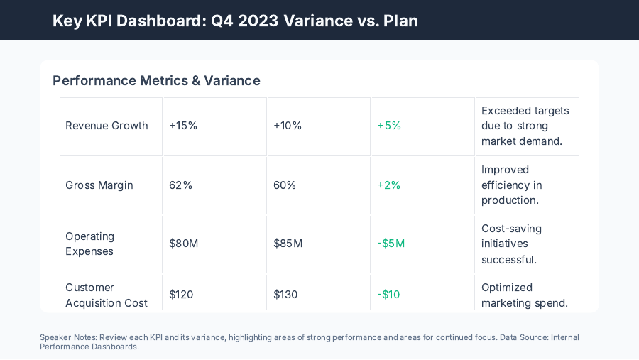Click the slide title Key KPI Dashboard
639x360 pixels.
click(235, 21)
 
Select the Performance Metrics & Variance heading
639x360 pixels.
click(156, 80)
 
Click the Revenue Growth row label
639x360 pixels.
click(106, 126)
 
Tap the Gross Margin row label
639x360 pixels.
click(99, 185)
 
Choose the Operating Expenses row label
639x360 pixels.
click(90, 244)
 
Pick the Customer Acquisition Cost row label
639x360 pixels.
click(106, 295)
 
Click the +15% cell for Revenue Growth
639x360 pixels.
click(183, 126)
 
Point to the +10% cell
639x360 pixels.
click(288, 126)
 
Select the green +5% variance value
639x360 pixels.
click(389, 126)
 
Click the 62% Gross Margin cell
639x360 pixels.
click(180, 185)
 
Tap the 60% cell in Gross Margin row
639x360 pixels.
click(285, 185)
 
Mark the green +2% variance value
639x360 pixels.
click(389, 185)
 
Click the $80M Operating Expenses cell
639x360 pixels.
click(183, 244)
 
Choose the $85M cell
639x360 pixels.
click(288, 244)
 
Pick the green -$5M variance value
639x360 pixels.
click(391, 244)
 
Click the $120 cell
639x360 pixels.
click(181, 295)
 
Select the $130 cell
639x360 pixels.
click(285, 295)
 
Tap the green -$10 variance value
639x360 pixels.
click(388, 295)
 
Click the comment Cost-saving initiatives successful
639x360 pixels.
click(511, 244)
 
